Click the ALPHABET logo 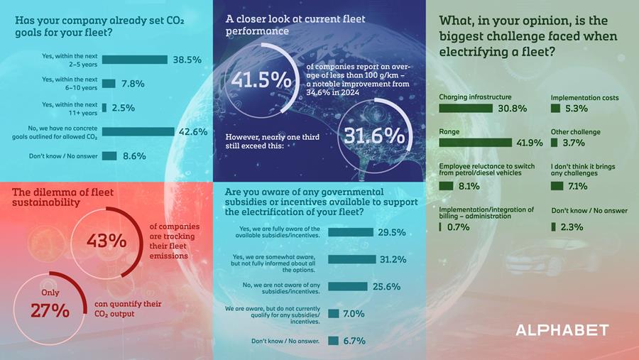(562, 330)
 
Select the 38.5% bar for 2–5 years (134, 60)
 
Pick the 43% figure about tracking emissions (106, 241)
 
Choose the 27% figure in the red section (50, 310)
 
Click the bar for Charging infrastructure (466, 109)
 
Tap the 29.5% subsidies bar (350, 232)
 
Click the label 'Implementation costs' (584, 97)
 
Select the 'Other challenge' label (575, 132)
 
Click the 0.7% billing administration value (458, 227)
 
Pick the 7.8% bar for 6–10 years (109, 84)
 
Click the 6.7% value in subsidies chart (354, 341)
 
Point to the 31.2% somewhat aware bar (351, 259)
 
